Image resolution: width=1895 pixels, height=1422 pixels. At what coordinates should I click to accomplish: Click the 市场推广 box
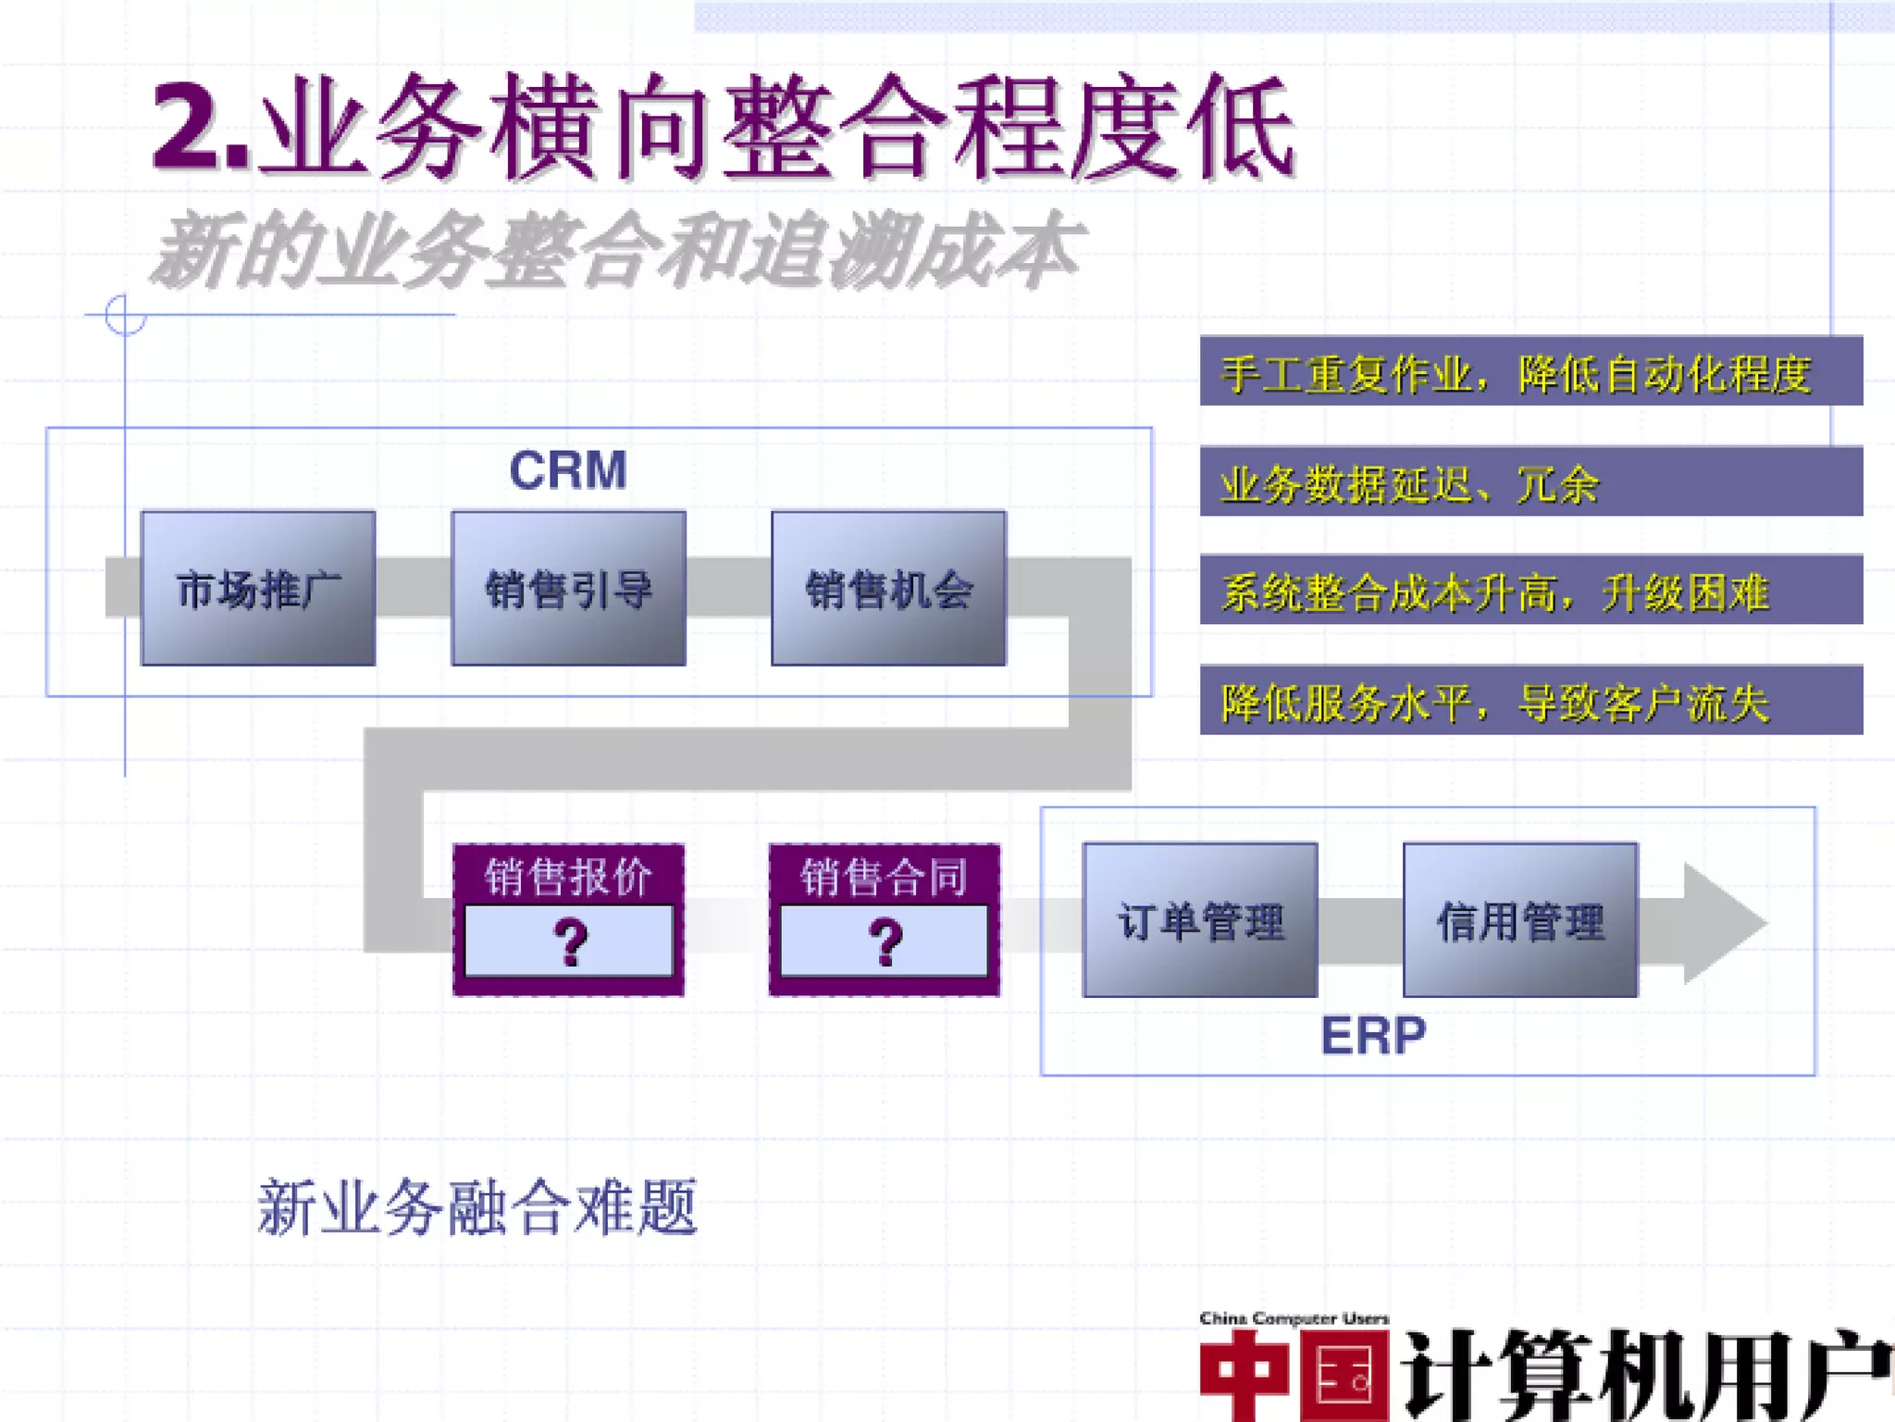(x=258, y=589)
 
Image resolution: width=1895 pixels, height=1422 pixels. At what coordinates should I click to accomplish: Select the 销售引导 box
(x=568, y=589)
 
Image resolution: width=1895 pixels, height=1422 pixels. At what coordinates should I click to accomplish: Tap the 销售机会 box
(x=888, y=589)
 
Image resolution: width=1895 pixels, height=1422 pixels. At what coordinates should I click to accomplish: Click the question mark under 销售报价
(x=569, y=942)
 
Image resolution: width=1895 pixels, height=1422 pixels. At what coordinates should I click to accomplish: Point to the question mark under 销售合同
(x=885, y=942)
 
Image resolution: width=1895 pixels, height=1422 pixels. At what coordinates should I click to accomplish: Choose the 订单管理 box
(x=1200, y=920)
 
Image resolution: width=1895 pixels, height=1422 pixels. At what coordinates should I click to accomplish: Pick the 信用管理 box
(x=1520, y=920)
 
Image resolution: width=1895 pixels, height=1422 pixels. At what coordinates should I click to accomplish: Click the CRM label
(x=568, y=470)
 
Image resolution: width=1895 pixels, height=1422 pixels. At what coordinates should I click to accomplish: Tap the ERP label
(x=1373, y=1035)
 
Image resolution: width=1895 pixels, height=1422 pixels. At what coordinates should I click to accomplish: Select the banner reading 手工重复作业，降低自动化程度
(x=1530, y=372)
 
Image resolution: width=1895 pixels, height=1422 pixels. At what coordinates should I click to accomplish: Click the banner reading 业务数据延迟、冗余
(x=1530, y=482)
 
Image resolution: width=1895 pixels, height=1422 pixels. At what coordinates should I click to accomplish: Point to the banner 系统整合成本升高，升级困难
(x=1530, y=591)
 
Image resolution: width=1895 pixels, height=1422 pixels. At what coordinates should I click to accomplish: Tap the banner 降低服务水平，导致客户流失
(x=1530, y=701)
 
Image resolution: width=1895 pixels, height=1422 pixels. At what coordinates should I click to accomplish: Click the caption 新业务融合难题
(x=477, y=1207)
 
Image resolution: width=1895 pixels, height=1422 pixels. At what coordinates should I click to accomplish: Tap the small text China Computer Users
(x=1294, y=1317)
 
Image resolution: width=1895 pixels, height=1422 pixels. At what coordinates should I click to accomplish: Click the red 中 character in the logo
(x=1245, y=1376)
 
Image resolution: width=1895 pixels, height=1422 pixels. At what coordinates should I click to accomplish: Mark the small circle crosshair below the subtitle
(x=125, y=315)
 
